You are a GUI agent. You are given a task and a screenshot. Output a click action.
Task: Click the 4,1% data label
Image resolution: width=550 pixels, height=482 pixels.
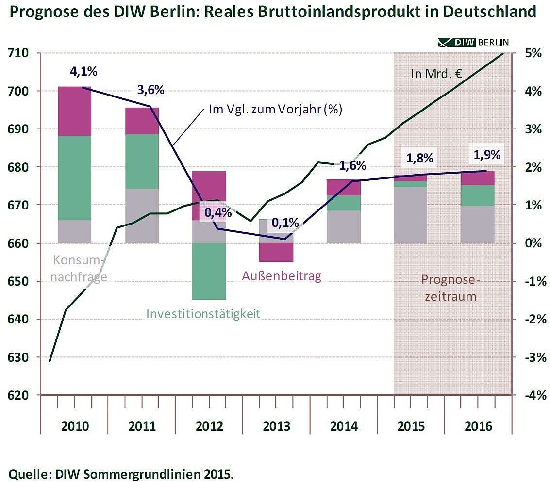83,72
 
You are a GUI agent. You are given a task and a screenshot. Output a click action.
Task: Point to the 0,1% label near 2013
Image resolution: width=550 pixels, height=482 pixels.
285,223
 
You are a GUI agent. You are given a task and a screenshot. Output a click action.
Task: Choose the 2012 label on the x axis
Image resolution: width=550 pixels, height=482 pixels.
209,427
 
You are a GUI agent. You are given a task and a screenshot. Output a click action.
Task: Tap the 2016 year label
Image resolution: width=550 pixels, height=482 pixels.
478,427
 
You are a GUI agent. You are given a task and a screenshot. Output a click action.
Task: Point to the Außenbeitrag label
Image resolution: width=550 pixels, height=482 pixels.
282,276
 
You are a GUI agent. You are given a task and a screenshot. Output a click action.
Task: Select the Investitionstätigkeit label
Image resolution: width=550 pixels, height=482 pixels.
203,314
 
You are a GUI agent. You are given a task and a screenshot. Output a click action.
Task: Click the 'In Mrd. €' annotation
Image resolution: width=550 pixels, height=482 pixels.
435,75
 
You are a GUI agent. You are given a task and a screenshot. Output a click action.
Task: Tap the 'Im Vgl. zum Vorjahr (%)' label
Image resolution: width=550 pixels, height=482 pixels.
275,110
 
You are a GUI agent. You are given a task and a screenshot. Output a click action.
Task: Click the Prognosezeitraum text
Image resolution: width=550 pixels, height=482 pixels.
449,288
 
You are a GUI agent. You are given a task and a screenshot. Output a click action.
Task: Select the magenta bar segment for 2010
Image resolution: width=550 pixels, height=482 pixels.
75,111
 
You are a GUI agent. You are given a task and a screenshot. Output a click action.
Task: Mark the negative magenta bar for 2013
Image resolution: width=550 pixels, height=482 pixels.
276,252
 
